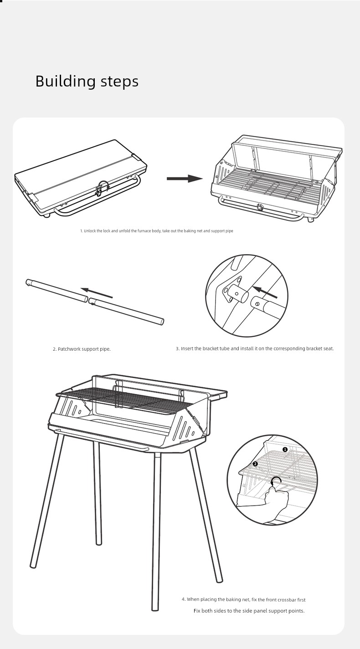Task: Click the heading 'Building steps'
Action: (87, 82)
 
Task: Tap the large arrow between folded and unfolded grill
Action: (184, 179)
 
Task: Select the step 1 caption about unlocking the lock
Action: (157, 231)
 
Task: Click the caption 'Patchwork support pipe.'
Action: (82, 349)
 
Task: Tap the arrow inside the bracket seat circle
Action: (264, 293)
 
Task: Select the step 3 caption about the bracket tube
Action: (255, 349)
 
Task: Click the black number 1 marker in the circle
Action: (285, 450)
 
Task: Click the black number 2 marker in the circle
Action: (255, 464)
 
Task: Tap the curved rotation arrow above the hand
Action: (275, 481)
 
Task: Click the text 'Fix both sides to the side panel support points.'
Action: (249, 611)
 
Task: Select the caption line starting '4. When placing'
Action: (243, 600)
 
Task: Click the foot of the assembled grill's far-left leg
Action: (33, 565)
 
